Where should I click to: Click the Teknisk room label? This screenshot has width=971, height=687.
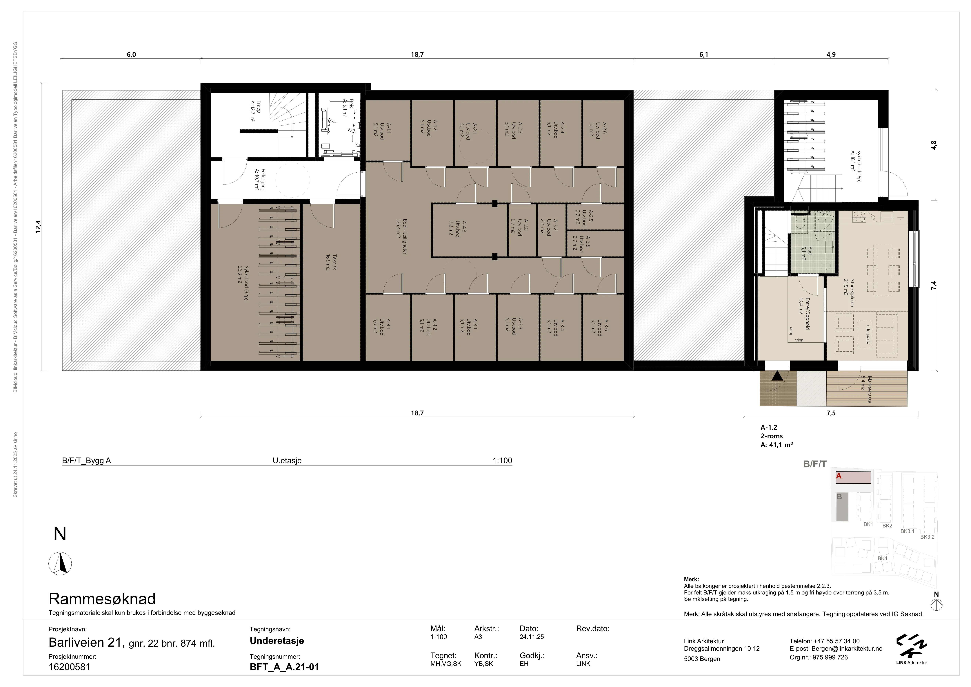tap(331, 262)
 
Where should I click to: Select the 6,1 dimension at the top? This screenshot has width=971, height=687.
tap(704, 55)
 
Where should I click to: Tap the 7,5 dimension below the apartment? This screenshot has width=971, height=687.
tap(831, 413)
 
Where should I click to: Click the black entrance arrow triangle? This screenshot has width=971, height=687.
tap(777, 376)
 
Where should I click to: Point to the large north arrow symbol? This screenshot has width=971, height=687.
tap(60, 563)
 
